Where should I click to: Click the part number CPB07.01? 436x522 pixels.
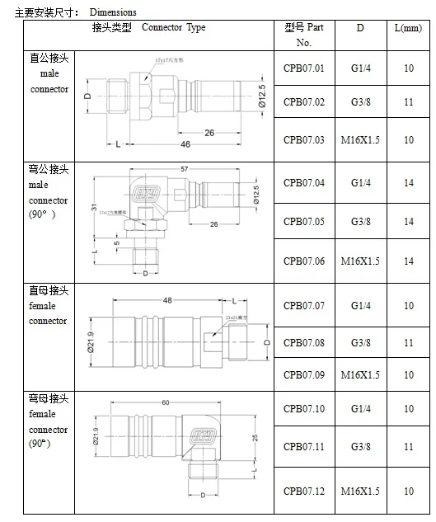(304, 68)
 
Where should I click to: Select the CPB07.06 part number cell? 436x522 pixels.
(304, 261)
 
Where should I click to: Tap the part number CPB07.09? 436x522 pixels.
(304, 375)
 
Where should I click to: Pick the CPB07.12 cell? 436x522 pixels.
(304, 491)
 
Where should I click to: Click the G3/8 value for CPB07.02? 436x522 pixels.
(360, 101)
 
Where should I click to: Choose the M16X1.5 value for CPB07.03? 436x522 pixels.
(360, 140)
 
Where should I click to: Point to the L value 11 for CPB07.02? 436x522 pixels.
(409, 101)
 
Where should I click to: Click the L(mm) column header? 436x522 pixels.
(409, 28)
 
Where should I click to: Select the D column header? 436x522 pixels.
(360, 28)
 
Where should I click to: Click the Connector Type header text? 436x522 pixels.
(174, 28)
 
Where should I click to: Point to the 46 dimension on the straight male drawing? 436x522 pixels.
(185, 144)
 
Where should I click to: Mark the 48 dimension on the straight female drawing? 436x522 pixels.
(167, 300)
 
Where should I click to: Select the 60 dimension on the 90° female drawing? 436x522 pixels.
(165, 402)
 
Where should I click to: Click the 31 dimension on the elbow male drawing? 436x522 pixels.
(95, 207)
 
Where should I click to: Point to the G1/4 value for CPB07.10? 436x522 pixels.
(360, 409)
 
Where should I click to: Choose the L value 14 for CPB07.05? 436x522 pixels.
(409, 222)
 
